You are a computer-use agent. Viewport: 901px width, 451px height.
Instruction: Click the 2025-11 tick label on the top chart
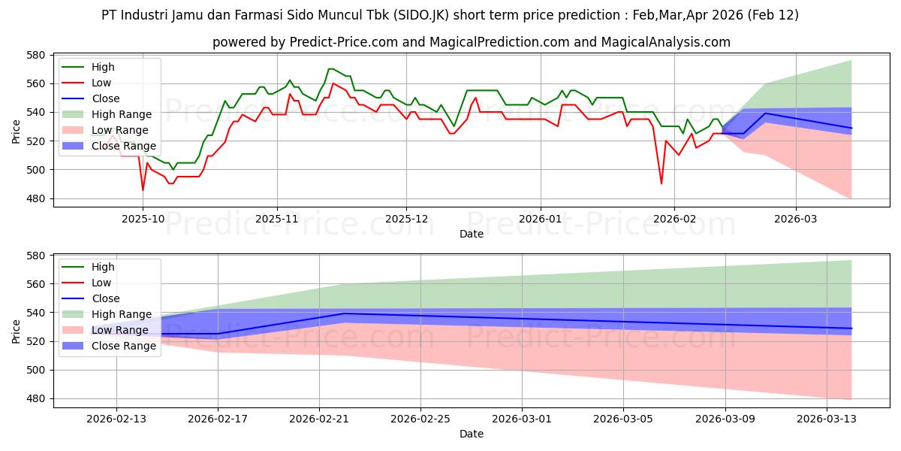277,219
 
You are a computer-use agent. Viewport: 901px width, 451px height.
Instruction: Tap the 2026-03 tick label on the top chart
796,219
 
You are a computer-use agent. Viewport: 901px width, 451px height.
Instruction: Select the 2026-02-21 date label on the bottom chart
318,419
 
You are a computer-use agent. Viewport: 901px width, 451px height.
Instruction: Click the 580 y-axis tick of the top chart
37,55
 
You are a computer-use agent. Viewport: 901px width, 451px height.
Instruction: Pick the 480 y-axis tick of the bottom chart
37,399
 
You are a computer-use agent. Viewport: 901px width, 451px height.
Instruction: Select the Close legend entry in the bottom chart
105,298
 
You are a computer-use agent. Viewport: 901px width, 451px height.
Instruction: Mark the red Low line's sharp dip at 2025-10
143,189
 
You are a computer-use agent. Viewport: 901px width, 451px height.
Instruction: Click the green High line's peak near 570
330,69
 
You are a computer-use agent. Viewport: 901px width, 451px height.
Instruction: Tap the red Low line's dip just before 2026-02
661,183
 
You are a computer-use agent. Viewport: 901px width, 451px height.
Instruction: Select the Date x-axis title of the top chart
472,234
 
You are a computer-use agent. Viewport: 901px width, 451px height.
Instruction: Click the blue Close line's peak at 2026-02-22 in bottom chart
344,313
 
